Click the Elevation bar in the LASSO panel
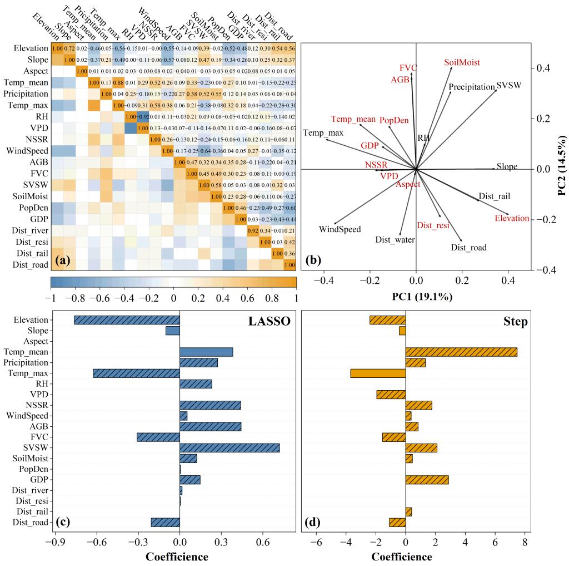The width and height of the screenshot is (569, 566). [127, 320]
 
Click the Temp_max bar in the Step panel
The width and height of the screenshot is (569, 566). [378, 373]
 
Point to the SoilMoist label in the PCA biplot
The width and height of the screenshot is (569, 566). [462, 63]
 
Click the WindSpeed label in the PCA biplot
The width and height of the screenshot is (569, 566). [340, 229]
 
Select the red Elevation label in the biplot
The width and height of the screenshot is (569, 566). [512, 218]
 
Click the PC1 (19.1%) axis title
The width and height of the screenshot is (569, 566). [416, 297]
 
